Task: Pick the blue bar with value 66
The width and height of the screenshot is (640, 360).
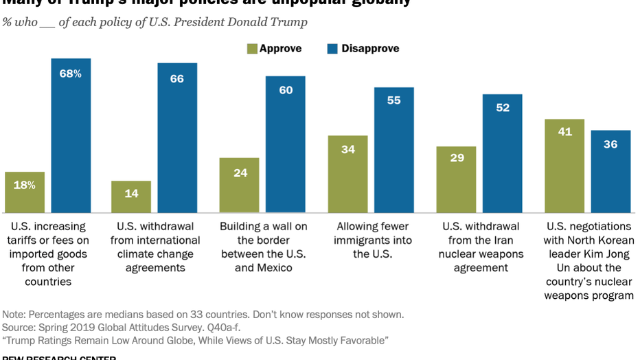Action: click(x=177, y=137)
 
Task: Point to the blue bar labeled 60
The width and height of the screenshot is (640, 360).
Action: click(x=286, y=144)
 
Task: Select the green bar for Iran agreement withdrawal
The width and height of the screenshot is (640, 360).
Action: click(x=457, y=179)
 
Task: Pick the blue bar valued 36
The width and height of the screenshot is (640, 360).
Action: click(x=610, y=171)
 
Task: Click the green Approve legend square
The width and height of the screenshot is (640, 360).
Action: click(x=252, y=49)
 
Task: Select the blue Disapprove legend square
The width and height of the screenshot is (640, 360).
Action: click(x=332, y=49)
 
